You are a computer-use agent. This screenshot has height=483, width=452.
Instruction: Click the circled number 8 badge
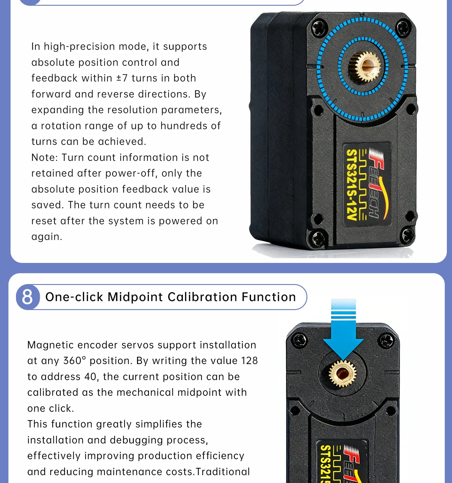pos(28,297)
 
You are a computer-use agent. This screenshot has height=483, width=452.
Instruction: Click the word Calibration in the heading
pos(202,297)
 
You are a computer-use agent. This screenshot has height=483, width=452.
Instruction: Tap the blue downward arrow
pos(344,329)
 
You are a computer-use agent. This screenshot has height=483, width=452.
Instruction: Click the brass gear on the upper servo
pos(365,66)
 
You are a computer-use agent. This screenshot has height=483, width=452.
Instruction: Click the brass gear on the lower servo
pos(343,374)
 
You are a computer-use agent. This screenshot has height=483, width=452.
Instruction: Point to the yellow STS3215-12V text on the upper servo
pos(352,185)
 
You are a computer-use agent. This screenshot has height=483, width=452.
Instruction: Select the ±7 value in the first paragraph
pos(122,78)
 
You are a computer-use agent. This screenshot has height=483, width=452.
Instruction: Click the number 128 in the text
pos(250,361)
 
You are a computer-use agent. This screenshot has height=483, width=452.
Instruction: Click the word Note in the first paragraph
pos(44,158)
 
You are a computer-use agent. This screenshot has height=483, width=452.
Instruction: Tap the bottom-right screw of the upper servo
pos(407,235)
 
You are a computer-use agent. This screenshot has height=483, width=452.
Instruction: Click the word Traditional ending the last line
pos(223,472)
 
